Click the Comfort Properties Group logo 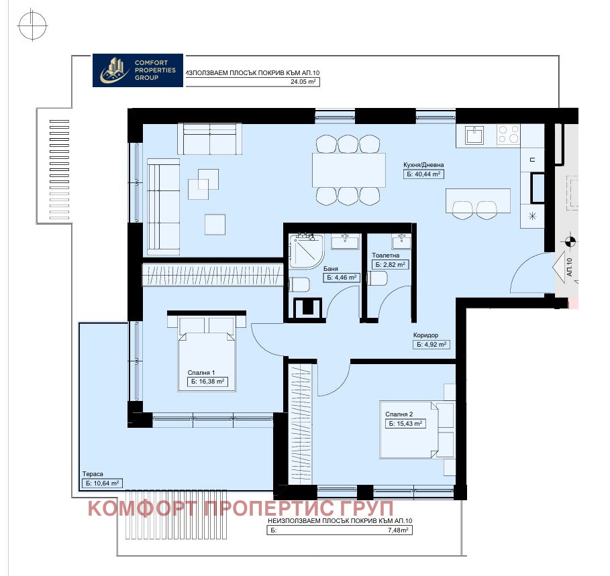tap(137, 70)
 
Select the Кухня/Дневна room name tap(423, 164)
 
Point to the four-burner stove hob tap(508, 135)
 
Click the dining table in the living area tap(348, 170)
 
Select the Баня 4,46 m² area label tap(342, 277)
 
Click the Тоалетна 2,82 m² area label tap(389, 265)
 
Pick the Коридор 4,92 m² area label tap(430, 345)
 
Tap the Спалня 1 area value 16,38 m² tap(206, 382)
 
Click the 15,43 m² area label tap(405, 424)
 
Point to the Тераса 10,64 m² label tap(101, 483)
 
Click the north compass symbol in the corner tap(33, 27)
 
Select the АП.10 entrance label tap(569, 268)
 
